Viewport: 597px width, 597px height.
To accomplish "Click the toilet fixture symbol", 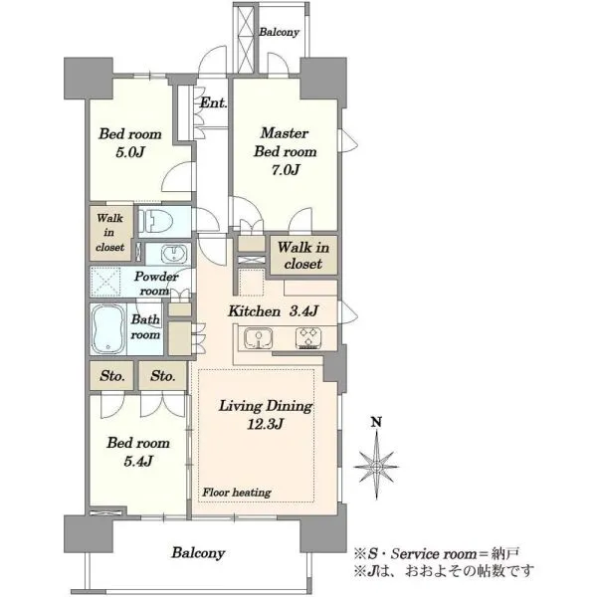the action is click(155, 221).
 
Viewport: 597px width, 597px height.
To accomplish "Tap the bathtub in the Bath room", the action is click(108, 329).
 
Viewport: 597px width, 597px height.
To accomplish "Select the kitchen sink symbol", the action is click(259, 338).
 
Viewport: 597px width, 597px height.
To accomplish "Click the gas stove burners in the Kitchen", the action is click(308, 338).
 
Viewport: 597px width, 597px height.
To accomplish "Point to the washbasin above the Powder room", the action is click(174, 254).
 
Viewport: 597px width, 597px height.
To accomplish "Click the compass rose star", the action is click(376, 466).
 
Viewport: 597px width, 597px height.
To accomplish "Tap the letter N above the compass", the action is click(376, 422).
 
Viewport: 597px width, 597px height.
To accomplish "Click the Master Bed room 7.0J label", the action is click(286, 151).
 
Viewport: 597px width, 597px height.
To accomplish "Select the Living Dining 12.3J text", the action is click(266, 415).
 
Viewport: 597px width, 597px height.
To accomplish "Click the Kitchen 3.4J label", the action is click(273, 311).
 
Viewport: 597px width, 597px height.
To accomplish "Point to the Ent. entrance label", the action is click(214, 102).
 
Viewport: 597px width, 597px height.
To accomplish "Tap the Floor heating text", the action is click(237, 493).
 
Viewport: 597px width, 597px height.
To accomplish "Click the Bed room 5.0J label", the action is click(130, 143).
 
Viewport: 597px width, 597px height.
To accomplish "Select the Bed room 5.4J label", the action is click(138, 452).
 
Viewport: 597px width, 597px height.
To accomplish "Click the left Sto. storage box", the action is click(111, 376).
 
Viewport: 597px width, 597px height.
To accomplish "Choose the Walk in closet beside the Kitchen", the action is click(303, 255).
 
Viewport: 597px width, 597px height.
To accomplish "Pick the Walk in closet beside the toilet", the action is click(110, 233).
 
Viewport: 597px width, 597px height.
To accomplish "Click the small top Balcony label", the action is click(279, 32).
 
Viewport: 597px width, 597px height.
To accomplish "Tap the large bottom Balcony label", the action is click(198, 553).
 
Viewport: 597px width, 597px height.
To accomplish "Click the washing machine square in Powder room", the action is click(105, 282).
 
